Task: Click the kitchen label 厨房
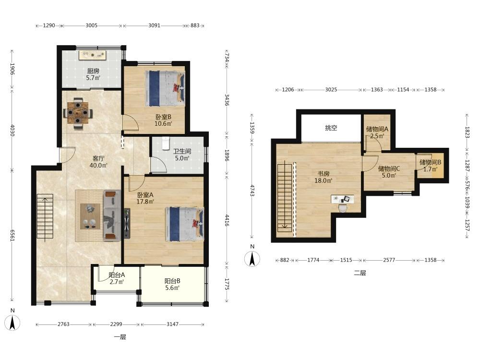click(93, 71)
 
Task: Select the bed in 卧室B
click(165, 88)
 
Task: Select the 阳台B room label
click(172, 281)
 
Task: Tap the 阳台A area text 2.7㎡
click(117, 282)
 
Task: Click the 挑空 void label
click(331, 128)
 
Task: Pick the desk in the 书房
click(343, 199)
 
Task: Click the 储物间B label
click(430, 162)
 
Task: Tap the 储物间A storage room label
click(377, 129)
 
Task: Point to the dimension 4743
click(252, 191)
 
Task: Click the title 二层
click(360, 273)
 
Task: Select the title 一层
click(120, 337)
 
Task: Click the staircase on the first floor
click(45, 216)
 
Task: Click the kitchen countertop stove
click(93, 55)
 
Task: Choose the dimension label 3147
click(172, 324)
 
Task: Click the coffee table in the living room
click(90, 216)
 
